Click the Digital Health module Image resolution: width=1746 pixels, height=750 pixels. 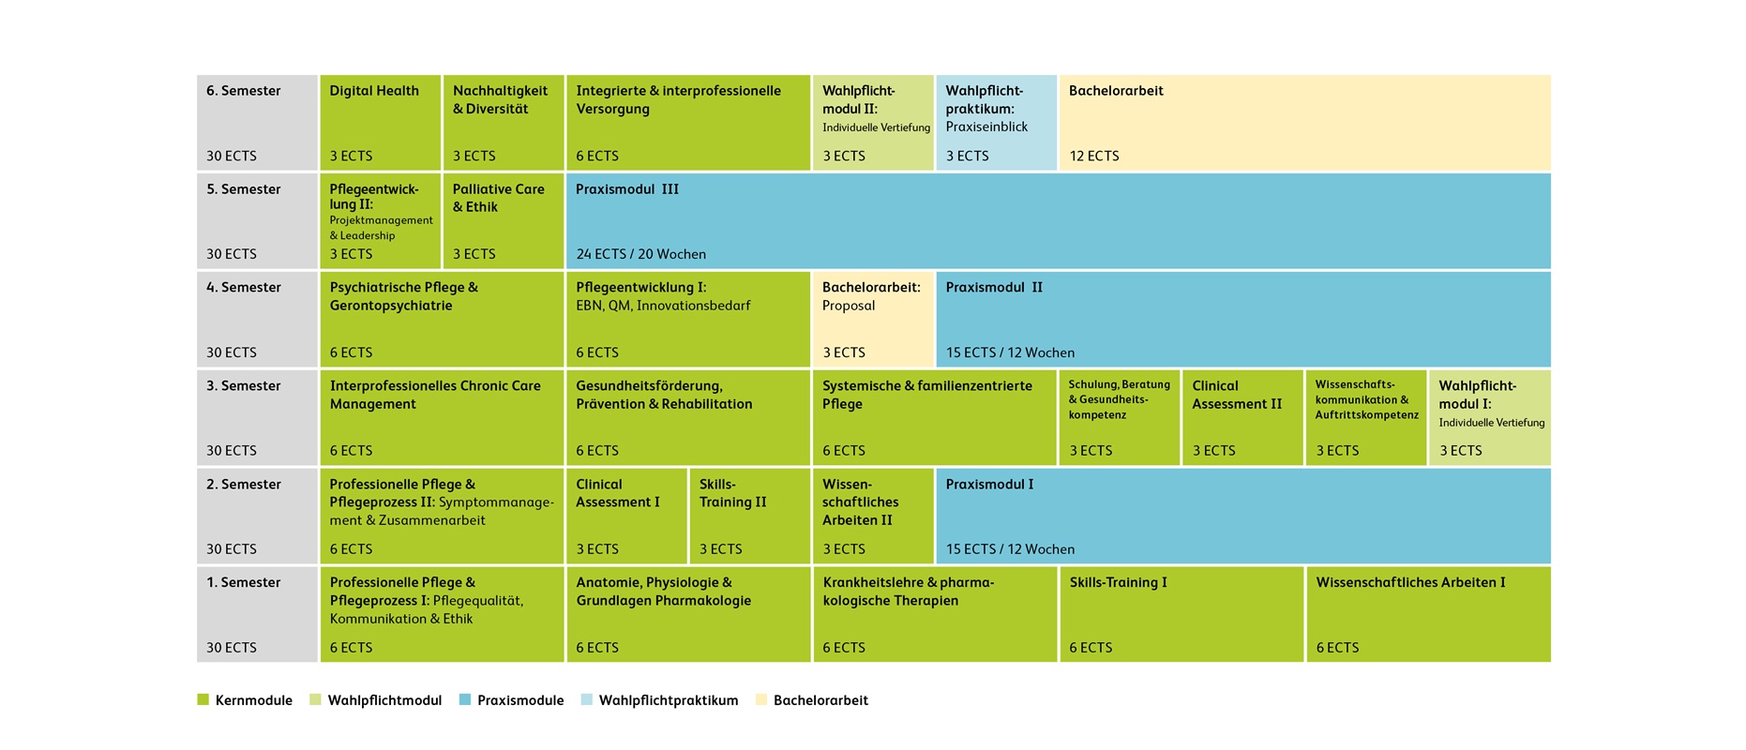380,123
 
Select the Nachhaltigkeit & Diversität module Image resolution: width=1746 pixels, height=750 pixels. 503,123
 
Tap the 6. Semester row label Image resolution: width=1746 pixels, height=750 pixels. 244,91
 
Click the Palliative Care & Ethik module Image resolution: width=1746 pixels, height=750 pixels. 503,221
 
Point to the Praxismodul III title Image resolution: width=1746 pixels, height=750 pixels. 627,189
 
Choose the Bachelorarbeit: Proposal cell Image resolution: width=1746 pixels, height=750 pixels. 873,319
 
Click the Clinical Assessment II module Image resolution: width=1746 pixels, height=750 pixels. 1242,417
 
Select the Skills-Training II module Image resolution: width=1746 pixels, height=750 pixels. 749,516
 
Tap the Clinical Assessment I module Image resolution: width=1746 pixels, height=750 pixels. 626,516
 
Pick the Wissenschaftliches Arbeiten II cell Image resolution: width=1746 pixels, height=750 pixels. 873,516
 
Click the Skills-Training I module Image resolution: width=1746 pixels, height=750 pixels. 1182,614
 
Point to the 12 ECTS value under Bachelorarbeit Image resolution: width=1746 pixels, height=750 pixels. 1094,157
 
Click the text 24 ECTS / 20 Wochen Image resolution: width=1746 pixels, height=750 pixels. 641,255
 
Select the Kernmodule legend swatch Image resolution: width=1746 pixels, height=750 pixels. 203,699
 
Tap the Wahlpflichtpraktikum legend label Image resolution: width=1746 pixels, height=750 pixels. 669,700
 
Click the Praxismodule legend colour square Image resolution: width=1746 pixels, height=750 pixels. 465,699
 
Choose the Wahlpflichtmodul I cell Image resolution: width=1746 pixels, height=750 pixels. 1489,417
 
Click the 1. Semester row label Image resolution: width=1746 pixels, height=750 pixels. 244,583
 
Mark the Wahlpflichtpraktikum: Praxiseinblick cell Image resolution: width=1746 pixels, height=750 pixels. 996,123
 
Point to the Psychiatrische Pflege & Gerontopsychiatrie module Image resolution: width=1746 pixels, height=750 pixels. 442,319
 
